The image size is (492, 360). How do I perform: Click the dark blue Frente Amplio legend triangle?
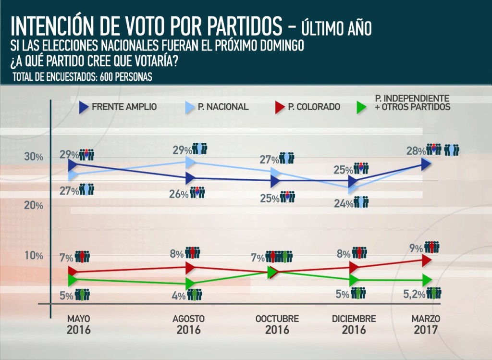[84, 107]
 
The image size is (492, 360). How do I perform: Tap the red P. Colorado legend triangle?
[280, 107]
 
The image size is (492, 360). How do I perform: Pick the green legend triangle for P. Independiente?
[361, 107]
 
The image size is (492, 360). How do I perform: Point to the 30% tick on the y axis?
[34, 157]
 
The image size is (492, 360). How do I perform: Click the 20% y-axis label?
[34, 206]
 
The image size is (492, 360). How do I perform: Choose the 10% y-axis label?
[34, 256]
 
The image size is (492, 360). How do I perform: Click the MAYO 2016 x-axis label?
[78, 324]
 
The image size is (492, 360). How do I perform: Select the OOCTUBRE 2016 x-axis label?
[277, 324]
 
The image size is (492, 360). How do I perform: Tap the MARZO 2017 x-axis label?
[426, 324]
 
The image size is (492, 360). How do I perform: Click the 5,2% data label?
[414, 295]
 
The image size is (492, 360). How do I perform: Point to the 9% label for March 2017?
[417, 248]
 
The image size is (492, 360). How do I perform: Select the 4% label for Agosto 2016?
[179, 296]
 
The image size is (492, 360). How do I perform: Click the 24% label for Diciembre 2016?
[344, 204]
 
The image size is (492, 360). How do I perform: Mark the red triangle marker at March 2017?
[427, 261]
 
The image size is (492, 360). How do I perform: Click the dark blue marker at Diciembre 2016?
[353, 181]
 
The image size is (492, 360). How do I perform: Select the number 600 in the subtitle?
[106, 77]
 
